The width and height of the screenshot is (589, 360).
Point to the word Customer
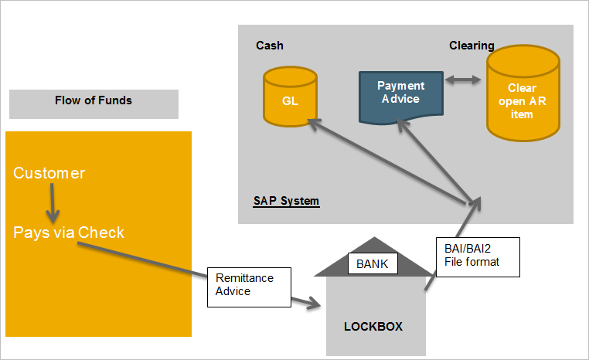49,173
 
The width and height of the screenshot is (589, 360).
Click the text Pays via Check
69,232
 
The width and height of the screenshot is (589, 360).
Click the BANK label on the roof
372,264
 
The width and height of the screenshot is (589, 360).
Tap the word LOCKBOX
373,327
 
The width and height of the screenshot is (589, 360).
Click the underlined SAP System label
286,202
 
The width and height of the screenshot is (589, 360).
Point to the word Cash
270,46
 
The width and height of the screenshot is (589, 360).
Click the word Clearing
472,46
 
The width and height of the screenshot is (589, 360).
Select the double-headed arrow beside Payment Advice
462,80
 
